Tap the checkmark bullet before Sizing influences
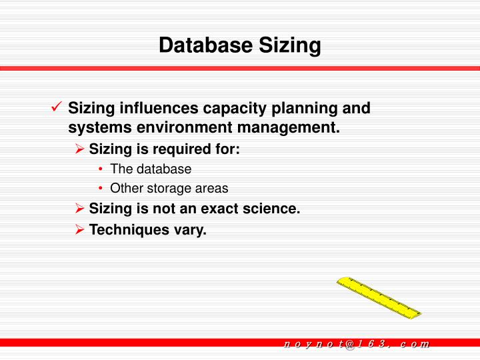pyautogui.click(x=57, y=107)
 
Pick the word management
pyautogui.click(x=287, y=127)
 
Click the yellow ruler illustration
pyautogui.click(x=378, y=297)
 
